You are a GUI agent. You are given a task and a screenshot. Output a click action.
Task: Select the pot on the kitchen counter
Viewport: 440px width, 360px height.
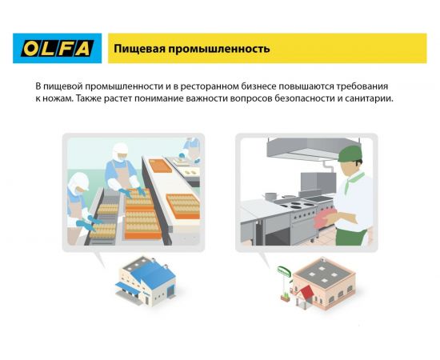tap(270, 194)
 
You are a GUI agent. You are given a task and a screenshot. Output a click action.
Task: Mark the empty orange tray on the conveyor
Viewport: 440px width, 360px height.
tap(160, 166)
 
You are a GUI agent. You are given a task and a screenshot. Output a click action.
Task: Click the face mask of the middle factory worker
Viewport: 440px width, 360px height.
tap(120, 158)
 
